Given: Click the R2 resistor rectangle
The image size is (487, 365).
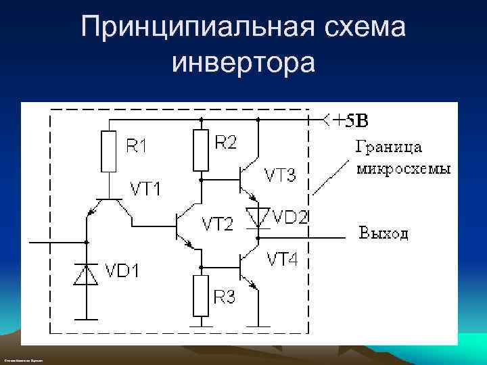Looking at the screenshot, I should click(x=200, y=151).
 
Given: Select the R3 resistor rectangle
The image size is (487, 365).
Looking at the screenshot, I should click(x=200, y=295).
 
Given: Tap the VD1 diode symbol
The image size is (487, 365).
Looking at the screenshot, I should click(x=86, y=274).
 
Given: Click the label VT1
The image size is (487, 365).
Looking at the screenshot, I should click(x=146, y=189).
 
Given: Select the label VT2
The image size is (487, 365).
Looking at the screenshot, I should click(x=218, y=224).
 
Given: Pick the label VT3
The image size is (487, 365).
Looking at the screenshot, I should click(x=279, y=176).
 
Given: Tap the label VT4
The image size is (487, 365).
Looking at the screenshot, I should click(x=282, y=259).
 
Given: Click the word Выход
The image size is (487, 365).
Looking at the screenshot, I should click(x=384, y=234).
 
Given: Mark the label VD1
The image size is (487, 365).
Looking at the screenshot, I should click(x=122, y=272).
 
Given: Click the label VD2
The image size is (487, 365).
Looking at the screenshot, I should click(x=291, y=217).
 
